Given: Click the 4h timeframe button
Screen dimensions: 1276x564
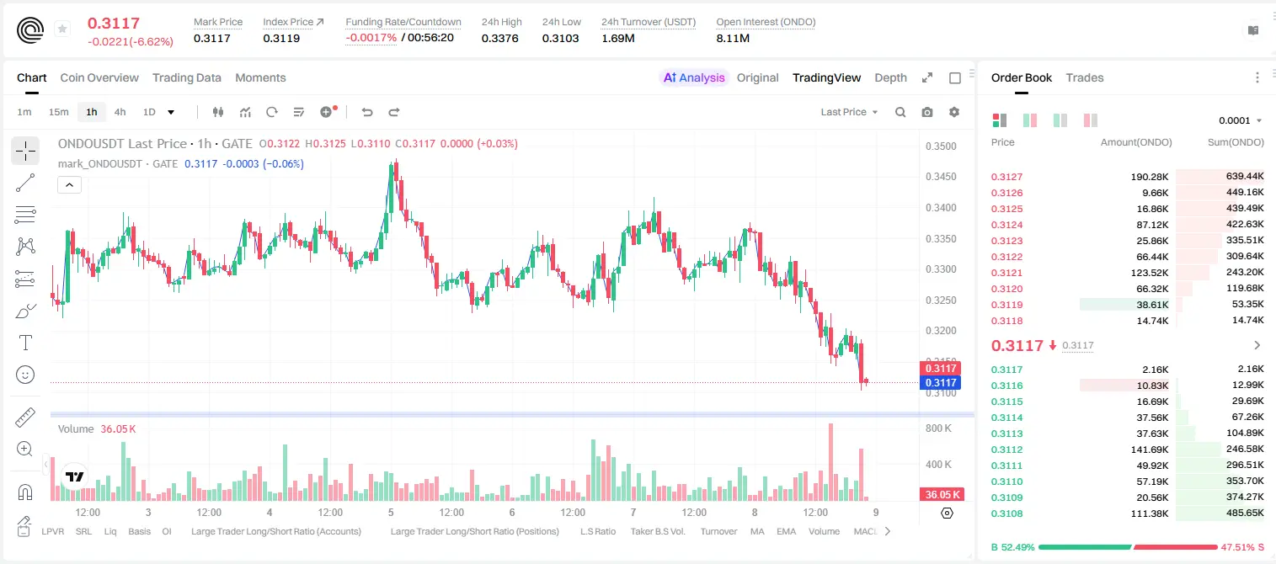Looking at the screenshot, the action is (120, 112).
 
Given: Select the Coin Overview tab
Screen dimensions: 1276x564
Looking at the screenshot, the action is (99, 77).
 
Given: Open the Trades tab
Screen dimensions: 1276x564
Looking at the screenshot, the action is (1085, 77).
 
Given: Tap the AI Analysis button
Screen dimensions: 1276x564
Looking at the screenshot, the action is (694, 77).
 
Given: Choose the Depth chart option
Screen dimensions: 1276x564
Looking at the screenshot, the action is (890, 77).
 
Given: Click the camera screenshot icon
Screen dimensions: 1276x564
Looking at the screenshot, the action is (927, 112).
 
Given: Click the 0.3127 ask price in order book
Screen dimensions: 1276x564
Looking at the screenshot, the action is (1006, 177).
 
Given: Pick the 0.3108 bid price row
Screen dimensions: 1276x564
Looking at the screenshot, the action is (1006, 513).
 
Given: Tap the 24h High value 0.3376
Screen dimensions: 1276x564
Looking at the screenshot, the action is (499, 38).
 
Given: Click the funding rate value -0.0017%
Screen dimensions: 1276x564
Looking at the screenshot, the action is (371, 38).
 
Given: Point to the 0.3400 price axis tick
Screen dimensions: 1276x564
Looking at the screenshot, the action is (941, 208).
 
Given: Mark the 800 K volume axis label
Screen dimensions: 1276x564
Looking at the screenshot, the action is (938, 428).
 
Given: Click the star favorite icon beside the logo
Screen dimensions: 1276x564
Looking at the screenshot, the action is (62, 29).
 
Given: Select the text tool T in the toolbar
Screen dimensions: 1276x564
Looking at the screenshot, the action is (25, 343).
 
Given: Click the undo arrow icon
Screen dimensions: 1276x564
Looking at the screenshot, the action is (367, 112).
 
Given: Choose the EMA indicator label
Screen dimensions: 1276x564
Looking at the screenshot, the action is (786, 531).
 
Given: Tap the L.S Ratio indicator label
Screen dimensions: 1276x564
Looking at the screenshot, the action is (597, 531).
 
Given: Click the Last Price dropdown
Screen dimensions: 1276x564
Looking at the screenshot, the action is (849, 112).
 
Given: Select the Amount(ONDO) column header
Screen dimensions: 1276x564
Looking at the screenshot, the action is (1136, 142).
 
